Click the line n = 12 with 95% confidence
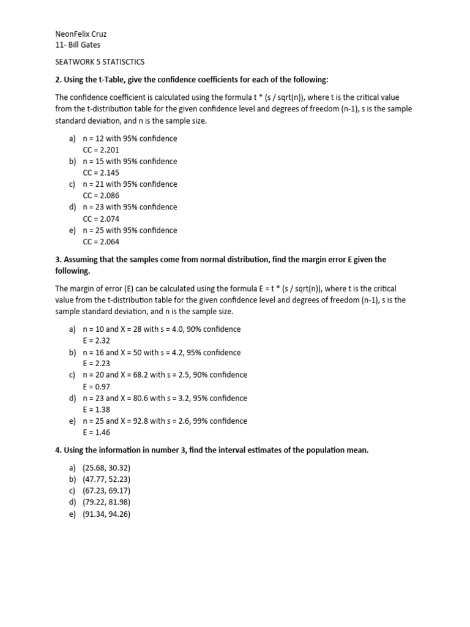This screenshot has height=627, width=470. pyautogui.click(x=130, y=138)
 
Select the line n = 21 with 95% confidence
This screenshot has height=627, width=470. pyautogui.click(x=130, y=184)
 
